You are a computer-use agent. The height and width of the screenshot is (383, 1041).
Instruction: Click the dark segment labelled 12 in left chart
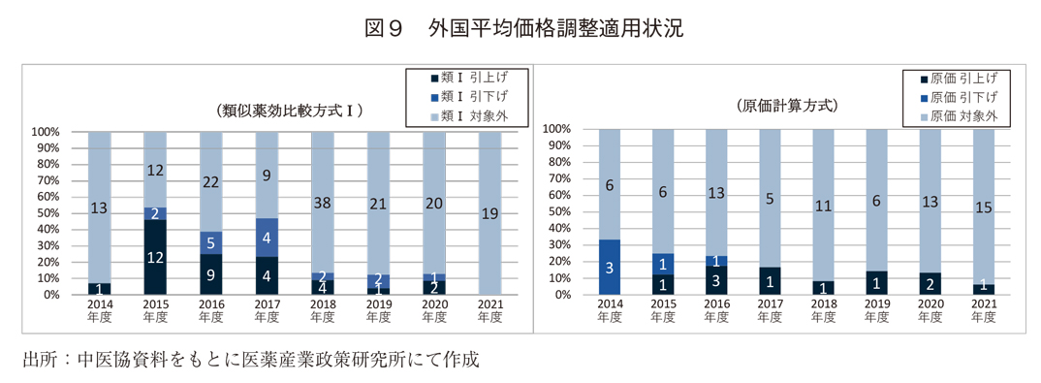(x=155, y=257)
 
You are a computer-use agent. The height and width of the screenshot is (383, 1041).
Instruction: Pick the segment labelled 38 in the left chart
(x=323, y=203)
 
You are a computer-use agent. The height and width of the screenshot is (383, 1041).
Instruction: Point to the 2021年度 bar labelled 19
(x=490, y=213)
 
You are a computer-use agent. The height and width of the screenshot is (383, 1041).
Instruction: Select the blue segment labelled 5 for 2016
(x=211, y=243)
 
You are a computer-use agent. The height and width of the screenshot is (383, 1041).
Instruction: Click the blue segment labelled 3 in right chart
(x=609, y=267)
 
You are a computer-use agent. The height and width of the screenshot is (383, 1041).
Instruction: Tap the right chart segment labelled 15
(x=982, y=206)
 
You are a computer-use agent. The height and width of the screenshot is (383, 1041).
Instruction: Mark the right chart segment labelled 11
(x=823, y=205)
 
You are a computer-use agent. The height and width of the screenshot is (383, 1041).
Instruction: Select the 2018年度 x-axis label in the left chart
(x=323, y=309)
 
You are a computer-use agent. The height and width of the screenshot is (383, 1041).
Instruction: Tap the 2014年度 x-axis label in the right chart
(x=609, y=310)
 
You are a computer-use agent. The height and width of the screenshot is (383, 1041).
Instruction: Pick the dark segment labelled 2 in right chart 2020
(x=930, y=284)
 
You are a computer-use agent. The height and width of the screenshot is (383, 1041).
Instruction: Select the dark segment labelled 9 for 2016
(x=211, y=274)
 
